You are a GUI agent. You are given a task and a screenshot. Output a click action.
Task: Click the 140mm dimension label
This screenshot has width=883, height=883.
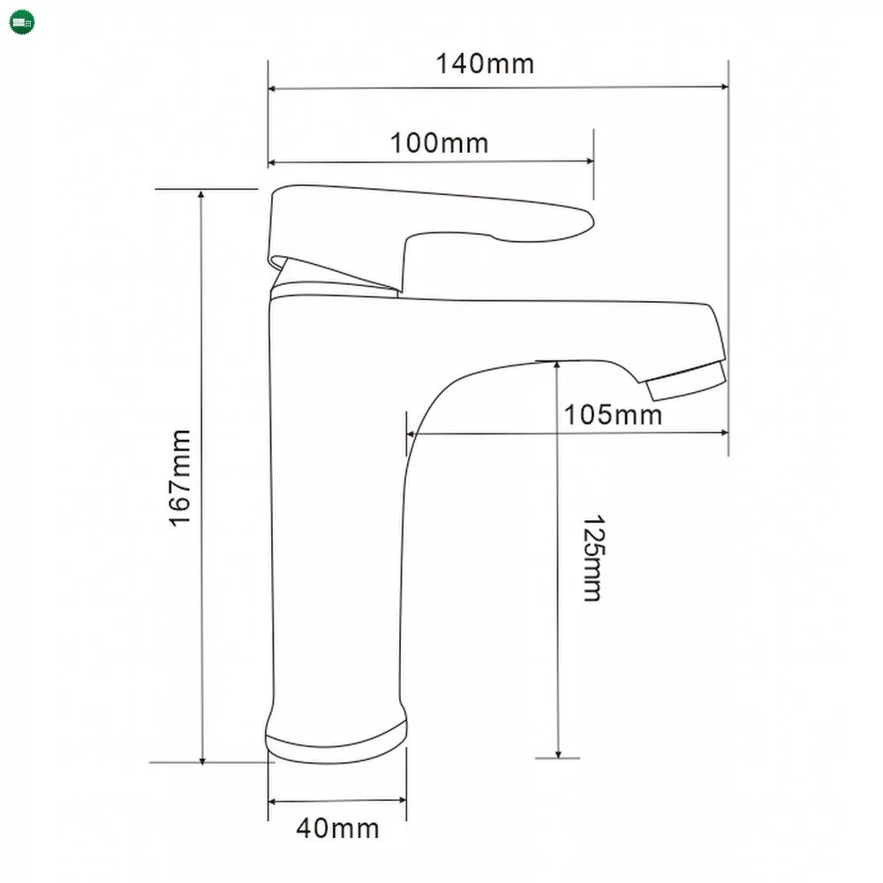[x=485, y=64]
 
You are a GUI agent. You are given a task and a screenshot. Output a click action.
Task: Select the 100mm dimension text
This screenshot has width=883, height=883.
[x=439, y=143]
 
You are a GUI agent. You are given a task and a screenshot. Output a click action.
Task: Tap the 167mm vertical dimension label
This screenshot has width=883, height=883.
[x=181, y=478]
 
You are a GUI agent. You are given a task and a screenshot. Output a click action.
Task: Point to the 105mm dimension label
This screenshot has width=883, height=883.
[x=613, y=415]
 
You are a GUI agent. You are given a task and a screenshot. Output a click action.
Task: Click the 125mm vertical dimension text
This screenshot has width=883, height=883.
[x=593, y=558]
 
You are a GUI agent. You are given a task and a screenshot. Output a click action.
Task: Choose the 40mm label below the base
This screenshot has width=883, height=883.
[x=337, y=828]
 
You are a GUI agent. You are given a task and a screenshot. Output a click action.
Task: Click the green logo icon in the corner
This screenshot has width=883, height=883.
[x=23, y=23]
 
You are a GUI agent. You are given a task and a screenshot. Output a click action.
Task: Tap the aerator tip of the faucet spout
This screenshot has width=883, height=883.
[x=686, y=381]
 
